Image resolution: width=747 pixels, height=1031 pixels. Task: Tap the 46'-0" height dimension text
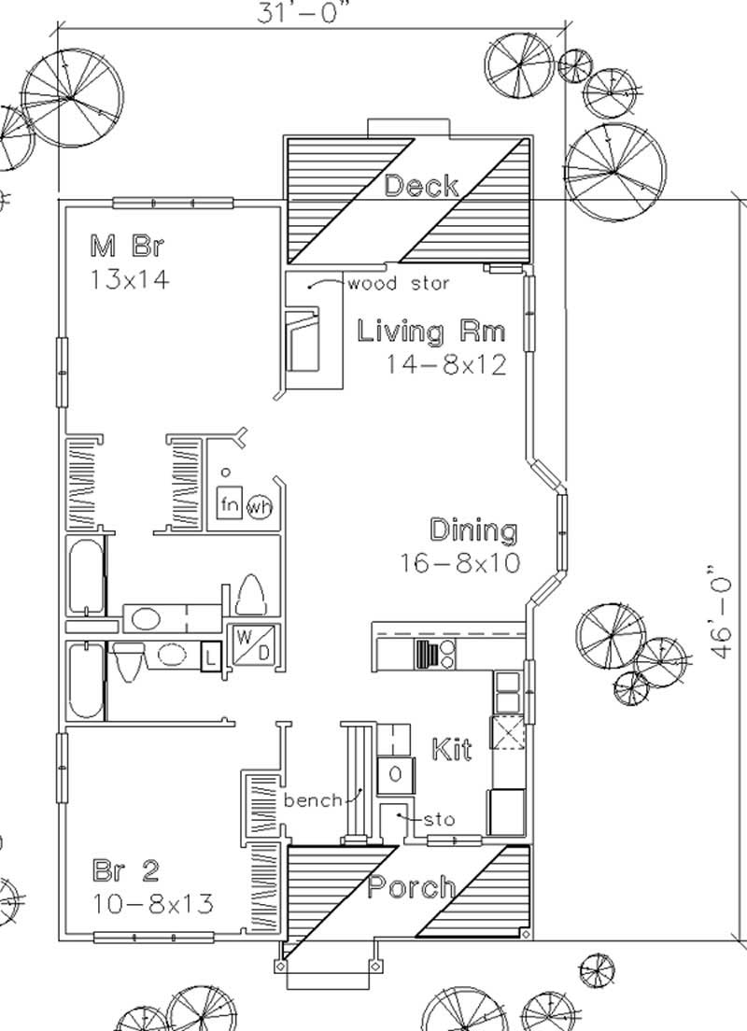pyautogui.click(x=719, y=613)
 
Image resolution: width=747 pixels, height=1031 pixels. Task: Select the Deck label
pyautogui.click(x=421, y=185)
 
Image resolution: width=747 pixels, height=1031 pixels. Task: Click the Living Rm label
pyautogui.click(x=432, y=331)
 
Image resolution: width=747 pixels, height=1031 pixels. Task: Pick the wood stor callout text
pyautogui.click(x=399, y=283)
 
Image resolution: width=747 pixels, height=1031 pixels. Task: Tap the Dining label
pyautogui.click(x=472, y=530)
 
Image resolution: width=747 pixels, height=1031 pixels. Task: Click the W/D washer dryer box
pyautogui.click(x=252, y=645)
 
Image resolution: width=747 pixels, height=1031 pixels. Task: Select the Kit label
pyautogui.click(x=451, y=749)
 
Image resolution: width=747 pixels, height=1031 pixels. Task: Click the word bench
pyautogui.click(x=313, y=800)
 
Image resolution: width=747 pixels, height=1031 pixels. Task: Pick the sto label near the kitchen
pyautogui.click(x=439, y=820)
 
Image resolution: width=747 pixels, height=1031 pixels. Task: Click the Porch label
pyautogui.click(x=412, y=886)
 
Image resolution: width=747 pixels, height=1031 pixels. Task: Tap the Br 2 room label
pyautogui.click(x=125, y=871)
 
